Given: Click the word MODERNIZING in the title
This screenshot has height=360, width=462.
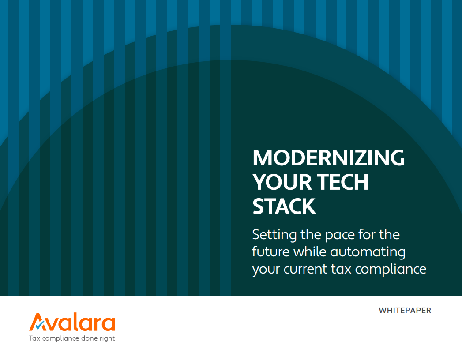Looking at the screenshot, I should coord(328,158).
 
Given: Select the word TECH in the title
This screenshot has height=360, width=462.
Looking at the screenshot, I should coord(342,182).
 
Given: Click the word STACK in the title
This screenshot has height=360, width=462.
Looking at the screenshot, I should coord(284,206).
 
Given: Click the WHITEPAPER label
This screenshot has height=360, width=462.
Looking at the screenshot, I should coord(405,311).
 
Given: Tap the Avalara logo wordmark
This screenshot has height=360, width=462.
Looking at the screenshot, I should coord(72,322).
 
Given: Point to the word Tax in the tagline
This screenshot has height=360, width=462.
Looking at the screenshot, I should coord(34,338).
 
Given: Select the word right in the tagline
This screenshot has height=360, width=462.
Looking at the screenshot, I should coord(106,339).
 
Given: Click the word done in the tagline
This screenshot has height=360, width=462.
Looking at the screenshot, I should coord(88,338).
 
